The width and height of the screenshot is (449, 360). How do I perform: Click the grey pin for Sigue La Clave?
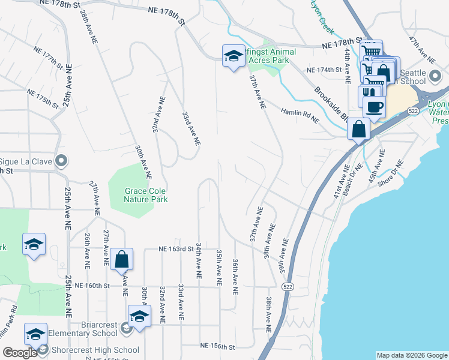coord(61,161)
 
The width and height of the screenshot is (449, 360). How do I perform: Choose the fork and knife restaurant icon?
coord(369,94)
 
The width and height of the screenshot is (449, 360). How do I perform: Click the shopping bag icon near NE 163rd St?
coord(121,259)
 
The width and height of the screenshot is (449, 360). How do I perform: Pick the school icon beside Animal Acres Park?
coord(232,56)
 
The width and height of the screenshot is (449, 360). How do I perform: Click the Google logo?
coord(20,353)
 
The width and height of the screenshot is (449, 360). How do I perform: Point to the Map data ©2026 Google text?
coord(411,355)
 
